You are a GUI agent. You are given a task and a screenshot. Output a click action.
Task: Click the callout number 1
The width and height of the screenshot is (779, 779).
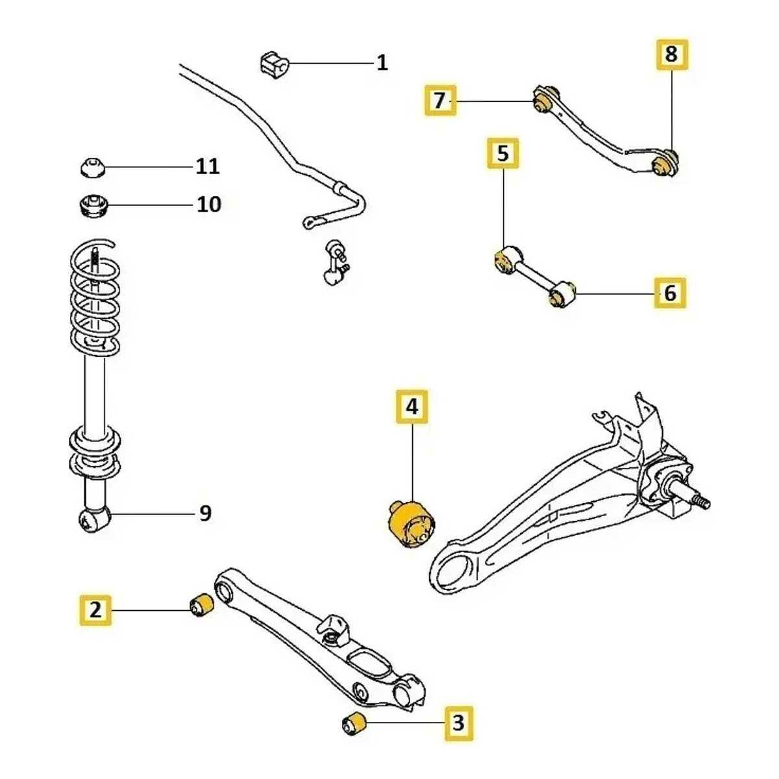[x=382, y=63]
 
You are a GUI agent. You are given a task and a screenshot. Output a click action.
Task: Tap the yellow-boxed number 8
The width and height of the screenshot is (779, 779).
[x=671, y=54]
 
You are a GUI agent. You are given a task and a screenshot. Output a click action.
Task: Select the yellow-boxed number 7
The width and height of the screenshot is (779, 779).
[x=440, y=101]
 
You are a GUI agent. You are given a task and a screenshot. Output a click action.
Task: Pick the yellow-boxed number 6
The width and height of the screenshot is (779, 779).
[x=670, y=293]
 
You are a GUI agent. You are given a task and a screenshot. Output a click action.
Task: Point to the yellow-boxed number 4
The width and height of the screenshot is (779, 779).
[x=413, y=407]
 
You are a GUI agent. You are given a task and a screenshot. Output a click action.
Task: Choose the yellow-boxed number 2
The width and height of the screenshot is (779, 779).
[x=96, y=610]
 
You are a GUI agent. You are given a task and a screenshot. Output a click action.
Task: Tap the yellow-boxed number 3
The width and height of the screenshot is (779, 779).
[x=458, y=722]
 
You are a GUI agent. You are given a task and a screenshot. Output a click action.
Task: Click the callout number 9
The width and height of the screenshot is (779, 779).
[x=205, y=513]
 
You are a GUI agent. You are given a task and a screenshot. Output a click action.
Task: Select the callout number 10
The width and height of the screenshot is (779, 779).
[x=209, y=204]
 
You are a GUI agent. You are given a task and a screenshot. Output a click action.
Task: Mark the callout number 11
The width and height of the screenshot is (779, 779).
[x=208, y=166]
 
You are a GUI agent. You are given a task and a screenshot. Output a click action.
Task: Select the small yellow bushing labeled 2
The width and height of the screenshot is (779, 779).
[x=201, y=605]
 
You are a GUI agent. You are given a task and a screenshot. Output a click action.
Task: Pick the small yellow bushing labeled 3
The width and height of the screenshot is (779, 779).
[x=354, y=724]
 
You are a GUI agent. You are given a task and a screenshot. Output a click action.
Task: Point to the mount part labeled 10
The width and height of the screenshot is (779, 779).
[x=92, y=206]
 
